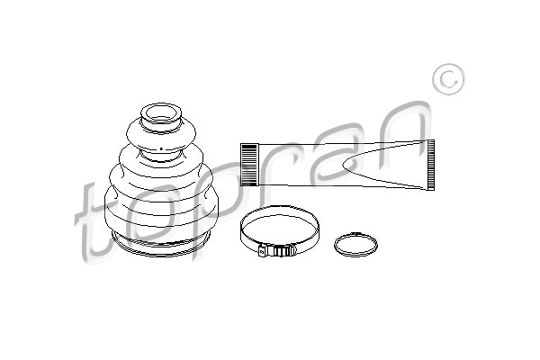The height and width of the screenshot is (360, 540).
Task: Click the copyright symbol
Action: [x=448, y=79]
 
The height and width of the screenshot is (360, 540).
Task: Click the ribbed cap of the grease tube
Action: [x=249, y=165]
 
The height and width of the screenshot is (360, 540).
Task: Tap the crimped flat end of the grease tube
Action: [x=430, y=165]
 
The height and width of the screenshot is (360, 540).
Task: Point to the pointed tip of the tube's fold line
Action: [x=343, y=165]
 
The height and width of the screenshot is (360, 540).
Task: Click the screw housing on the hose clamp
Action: [x=283, y=250]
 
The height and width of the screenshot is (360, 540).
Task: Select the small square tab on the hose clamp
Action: [x=263, y=250]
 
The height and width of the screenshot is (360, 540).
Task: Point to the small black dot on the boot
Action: [x=161, y=148]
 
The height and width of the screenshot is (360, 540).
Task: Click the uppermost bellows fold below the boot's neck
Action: [x=161, y=135]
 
